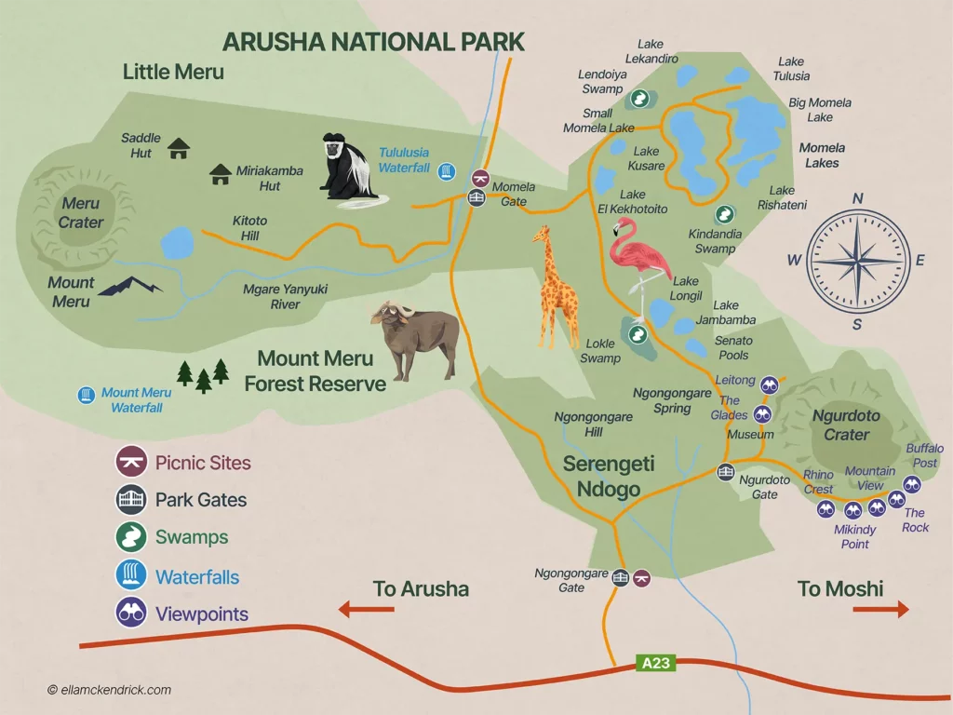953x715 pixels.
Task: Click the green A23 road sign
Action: pyautogui.click(x=655, y=664)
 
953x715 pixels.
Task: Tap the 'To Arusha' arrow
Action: pyautogui.click(x=366, y=610)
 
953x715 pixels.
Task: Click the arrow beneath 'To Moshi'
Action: pyautogui.click(x=879, y=610)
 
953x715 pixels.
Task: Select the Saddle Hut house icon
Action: pyautogui.click(x=179, y=148)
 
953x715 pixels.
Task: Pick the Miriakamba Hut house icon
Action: pyautogui.click(x=221, y=173)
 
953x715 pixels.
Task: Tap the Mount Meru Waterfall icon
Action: pyautogui.click(x=86, y=396)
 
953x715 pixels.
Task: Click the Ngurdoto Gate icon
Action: pyautogui.click(x=726, y=473)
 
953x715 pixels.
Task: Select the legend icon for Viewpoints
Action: pyautogui.click(x=130, y=614)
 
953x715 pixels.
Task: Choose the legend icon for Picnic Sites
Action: pyautogui.click(x=130, y=462)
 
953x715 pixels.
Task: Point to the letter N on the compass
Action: pyautogui.click(x=858, y=199)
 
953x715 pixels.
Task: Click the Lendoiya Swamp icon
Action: pyautogui.click(x=639, y=98)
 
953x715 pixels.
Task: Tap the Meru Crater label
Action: pyautogui.click(x=81, y=213)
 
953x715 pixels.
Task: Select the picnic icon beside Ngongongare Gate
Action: pyautogui.click(x=641, y=578)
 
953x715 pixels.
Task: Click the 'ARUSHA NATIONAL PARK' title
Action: pyautogui.click(x=372, y=42)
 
